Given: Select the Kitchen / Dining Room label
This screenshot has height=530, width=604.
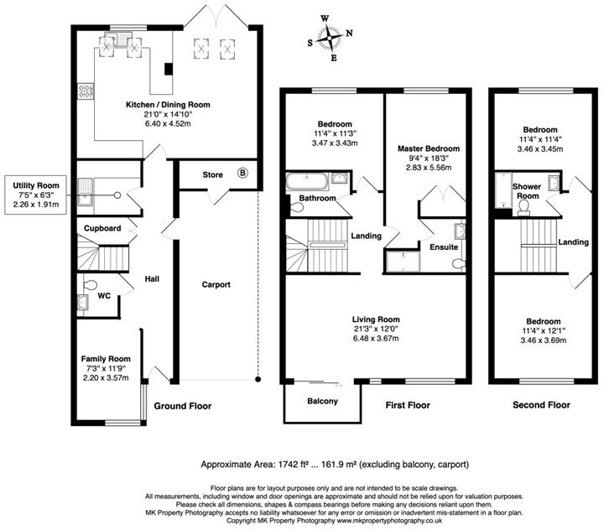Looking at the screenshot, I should coord(168,104).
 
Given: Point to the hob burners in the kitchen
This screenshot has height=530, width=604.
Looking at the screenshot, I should coord(85,91).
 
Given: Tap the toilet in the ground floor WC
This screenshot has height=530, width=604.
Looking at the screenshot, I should coord(90,284).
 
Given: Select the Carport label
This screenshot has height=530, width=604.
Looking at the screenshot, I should coord(216,284).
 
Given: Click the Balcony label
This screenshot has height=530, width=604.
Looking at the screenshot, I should coord(322,402).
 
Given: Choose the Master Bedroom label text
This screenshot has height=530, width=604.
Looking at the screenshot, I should coord(429,148).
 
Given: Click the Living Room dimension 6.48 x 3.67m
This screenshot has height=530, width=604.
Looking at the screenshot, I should coord(376,338).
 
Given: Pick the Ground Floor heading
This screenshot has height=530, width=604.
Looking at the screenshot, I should coord(183,406).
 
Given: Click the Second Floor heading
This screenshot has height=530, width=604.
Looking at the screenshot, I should coord(541,405).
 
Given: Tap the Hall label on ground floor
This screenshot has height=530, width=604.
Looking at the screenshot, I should coord(152,278).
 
